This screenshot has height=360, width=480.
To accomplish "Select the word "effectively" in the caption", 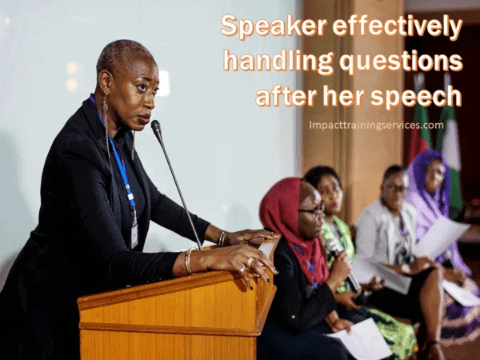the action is click(398, 26).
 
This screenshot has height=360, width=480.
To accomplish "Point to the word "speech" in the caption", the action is click(416, 96).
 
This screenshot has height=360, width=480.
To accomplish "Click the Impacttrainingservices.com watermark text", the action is click(376, 126).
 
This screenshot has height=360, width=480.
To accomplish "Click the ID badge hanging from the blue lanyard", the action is click(134, 235).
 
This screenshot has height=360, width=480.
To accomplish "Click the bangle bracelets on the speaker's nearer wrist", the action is click(189, 260).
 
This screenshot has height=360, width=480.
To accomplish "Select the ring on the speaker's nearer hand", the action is click(250, 262).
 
